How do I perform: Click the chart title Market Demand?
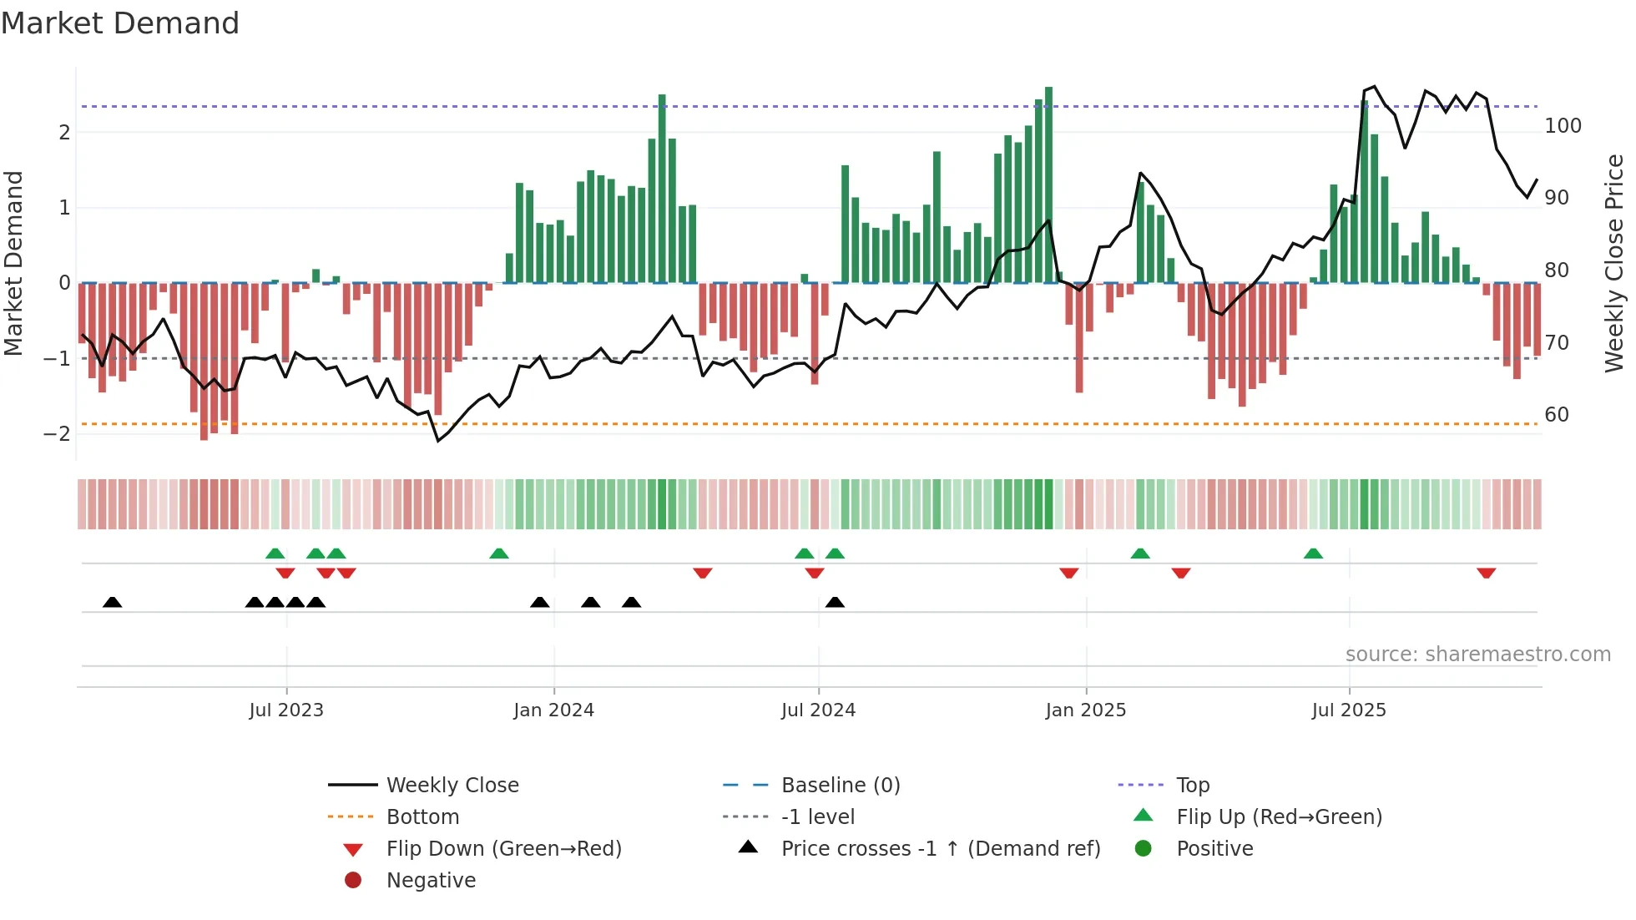coord(120,23)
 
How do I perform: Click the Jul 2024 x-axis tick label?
coord(818,710)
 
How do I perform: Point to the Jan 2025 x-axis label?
coord(1085,710)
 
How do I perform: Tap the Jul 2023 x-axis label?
coord(286,710)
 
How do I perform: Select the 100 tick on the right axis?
coord(1563,126)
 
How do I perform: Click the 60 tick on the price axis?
coord(1557,415)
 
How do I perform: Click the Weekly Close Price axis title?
coord(1614,263)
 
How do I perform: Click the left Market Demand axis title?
coord(14,263)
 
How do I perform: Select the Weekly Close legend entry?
coord(452,786)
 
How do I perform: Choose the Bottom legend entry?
coord(422,817)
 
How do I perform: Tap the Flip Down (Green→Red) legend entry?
coord(503,849)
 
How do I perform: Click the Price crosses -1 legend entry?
coord(940,849)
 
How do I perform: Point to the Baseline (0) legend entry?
coord(840,786)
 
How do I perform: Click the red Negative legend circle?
coord(353,881)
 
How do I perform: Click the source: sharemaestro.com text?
coord(1477,655)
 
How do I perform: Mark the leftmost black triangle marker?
coord(113,602)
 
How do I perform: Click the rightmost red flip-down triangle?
coord(1486,573)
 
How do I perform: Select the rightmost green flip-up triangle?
coord(1313,554)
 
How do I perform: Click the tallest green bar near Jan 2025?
coord(1048,184)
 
